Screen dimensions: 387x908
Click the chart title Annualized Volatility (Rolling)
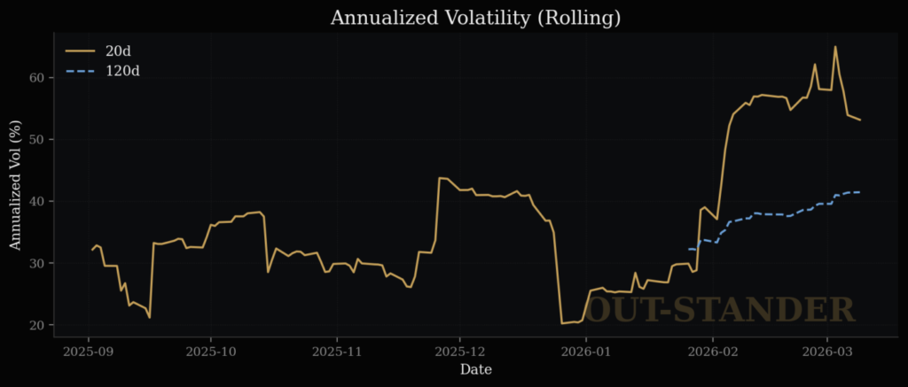point(475,18)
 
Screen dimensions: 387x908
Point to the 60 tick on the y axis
point(36,77)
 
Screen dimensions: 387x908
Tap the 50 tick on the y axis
point(36,139)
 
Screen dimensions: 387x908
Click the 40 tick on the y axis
point(36,201)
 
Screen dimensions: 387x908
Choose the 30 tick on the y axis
point(36,263)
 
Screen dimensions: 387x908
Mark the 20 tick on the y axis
point(36,325)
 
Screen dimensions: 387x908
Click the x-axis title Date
point(475,369)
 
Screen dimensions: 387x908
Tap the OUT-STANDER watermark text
point(722,309)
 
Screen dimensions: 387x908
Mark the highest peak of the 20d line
point(835,46)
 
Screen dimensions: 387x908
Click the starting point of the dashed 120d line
point(688,249)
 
